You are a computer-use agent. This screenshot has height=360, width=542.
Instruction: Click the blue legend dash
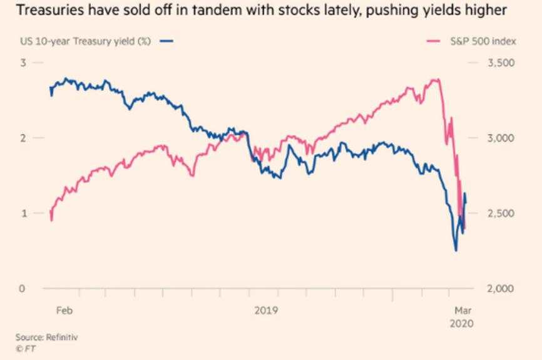tap(166, 41)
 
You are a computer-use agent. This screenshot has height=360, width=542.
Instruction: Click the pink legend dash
tap(432, 41)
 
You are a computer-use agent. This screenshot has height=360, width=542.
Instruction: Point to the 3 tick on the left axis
tap(23, 63)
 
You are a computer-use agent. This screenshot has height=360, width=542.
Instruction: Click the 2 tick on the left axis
tap(23, 138)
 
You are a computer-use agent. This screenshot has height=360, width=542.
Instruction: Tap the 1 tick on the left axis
tap(23, 213)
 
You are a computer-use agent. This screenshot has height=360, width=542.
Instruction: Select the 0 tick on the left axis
tap(23, 289)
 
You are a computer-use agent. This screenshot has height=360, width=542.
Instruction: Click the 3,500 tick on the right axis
tap(501, 63)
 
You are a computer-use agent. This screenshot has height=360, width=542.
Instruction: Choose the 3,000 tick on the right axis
tap(501, 138)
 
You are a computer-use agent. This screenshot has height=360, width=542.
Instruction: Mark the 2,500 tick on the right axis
tap(501, 213)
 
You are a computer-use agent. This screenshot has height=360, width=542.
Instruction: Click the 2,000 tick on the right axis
tap(501, 289)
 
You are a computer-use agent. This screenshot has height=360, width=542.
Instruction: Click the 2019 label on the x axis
tap(266, 310)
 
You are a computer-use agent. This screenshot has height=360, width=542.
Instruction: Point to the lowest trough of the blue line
tap(456, 250)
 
